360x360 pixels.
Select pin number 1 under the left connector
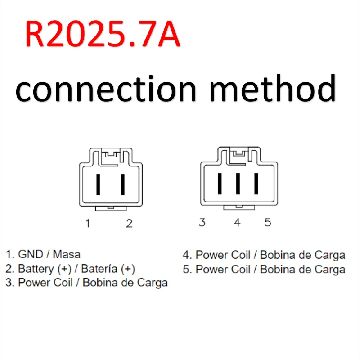point(88,223)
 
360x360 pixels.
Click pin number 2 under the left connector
point(129,223)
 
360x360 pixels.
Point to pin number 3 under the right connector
point(202,222)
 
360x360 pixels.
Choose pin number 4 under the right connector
point(237,222)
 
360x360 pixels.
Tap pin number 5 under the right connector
point(268,222)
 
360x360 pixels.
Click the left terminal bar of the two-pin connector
point(98,184)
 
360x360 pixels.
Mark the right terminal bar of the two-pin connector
point(122,184)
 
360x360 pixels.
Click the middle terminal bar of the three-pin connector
point(238,183)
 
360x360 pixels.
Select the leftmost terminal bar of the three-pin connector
point(220,183)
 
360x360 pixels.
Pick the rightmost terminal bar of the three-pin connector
point(256,183)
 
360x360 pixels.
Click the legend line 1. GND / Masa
point(43,254)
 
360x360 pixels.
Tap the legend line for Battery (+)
point(71,269)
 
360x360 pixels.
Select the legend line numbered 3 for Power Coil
point(87,283)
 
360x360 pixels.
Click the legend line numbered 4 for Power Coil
point(264,255)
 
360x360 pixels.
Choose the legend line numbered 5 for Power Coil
point(264,269)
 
